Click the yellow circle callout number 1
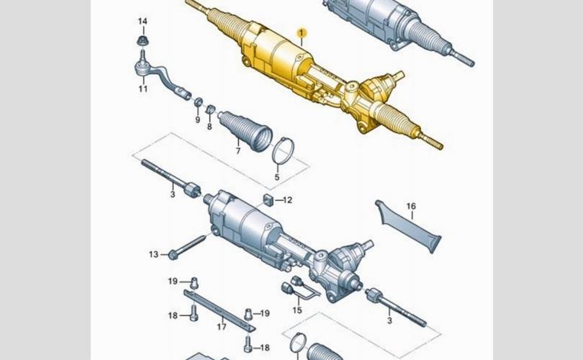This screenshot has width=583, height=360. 303,33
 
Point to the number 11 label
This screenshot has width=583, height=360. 143,89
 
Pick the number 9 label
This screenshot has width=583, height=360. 197,120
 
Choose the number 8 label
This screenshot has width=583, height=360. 209,127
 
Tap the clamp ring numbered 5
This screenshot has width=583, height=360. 283,150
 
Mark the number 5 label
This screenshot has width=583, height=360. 276,177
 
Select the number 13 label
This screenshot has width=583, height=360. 153,254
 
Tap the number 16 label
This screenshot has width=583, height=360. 411,207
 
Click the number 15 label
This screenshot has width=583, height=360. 297,310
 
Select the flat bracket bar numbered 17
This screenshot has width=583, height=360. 220,307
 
